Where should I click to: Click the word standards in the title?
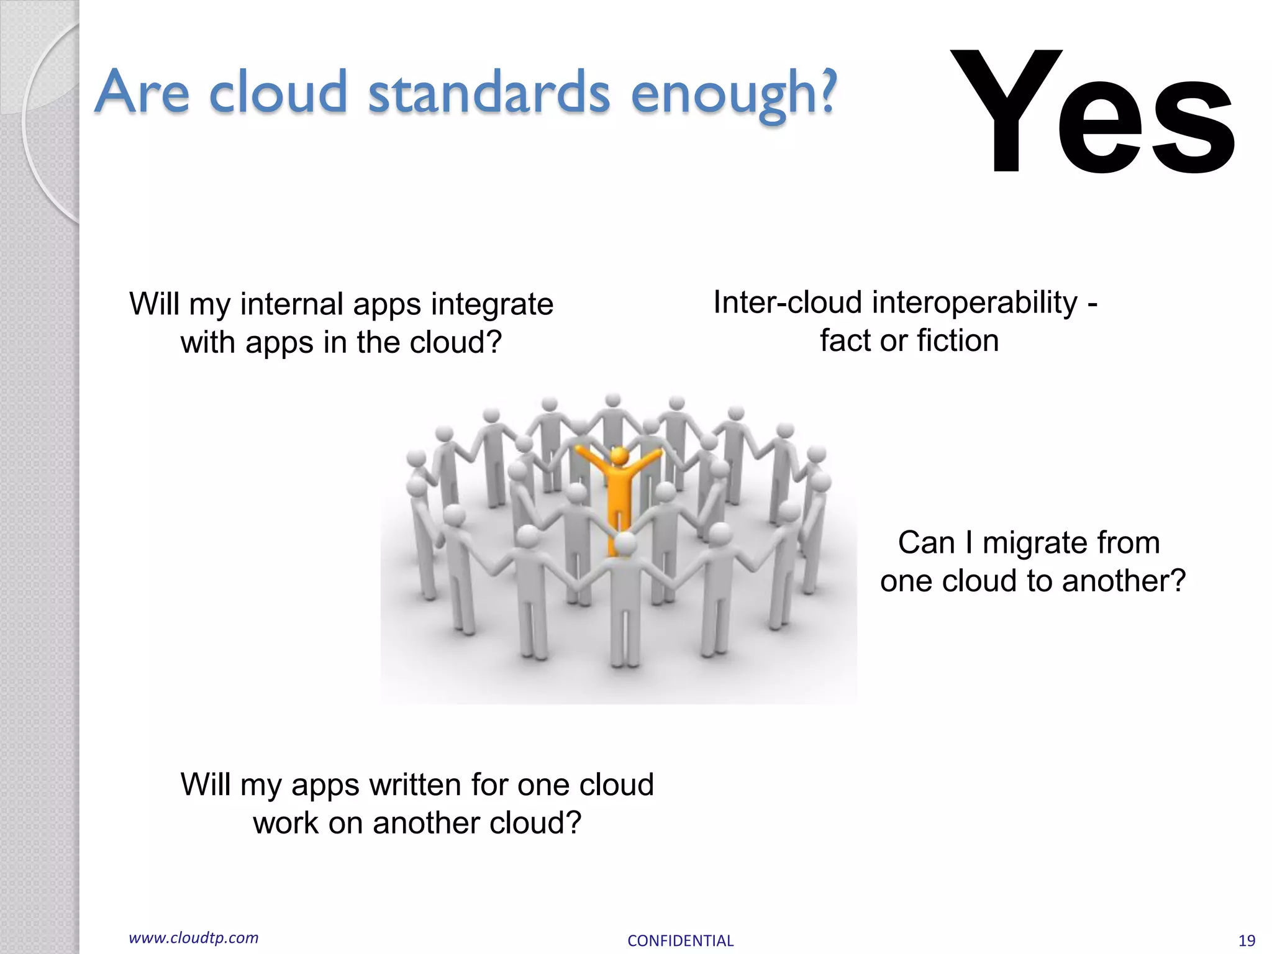(489, 93)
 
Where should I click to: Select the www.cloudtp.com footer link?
(193, 938)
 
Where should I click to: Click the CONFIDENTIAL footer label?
(680, 940)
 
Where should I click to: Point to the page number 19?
(1247, 940)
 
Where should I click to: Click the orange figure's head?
(619, 456)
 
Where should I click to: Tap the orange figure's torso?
(619, 491)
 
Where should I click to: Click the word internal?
(291, 304)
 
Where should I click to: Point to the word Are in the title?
(142, 93)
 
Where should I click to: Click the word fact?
(847, 341)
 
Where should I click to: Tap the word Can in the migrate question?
(925, 543)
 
